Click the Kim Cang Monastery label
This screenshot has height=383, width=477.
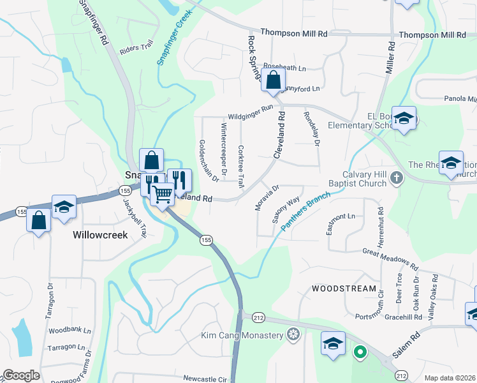(x=242, y=335)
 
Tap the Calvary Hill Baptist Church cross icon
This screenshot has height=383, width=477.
(x=396, y=177)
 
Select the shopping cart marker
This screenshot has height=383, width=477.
(x=163, y=193)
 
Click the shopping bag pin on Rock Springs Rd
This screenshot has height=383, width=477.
(x=273, y=81)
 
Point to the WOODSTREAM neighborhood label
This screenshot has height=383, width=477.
(x=344, y=289)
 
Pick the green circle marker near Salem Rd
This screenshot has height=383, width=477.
(x=360, y=352)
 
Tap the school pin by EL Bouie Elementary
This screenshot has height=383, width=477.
(x=404, y=118)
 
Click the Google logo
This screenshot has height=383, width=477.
(x=21, y=375)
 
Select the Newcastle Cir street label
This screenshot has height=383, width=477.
(x=205, y=379)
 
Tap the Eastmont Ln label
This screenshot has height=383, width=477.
(x=341, y=216)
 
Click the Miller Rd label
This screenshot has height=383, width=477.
(x=389, y=56)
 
